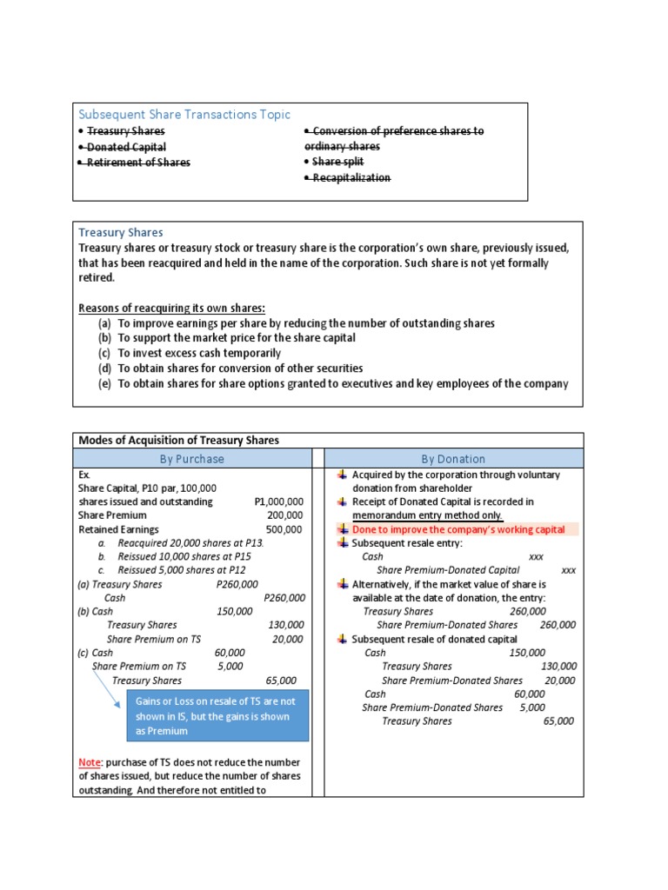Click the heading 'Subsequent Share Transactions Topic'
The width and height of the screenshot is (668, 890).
tap(184, 115)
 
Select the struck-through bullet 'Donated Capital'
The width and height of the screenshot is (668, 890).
tap(126, 147)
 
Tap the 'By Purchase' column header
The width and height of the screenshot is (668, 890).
tap(191, 459)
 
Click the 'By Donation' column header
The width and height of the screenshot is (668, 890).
tap(453, 459)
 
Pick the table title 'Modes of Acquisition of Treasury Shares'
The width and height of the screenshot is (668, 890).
tap(179, 441)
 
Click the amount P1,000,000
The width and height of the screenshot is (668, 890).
tap(278, 501)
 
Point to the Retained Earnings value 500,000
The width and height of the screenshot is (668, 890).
tap(284, 529)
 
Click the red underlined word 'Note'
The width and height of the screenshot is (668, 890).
tap(90, 762)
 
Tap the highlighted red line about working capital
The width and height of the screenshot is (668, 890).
tap(458, 529)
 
